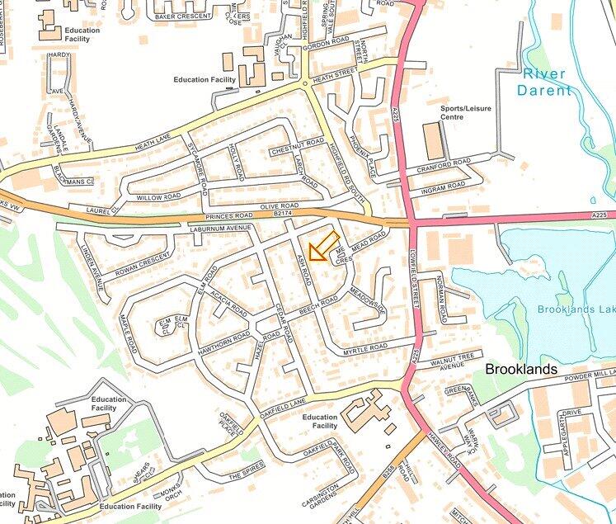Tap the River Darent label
546,82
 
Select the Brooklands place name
520,369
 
